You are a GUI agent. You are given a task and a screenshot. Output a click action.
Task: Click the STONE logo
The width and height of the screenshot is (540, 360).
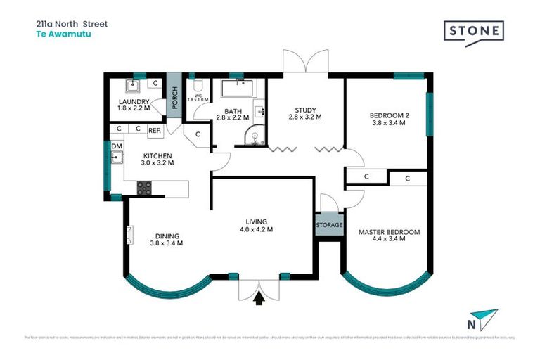click(473, 32)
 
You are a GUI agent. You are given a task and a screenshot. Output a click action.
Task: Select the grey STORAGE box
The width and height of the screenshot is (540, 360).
click(329, 226)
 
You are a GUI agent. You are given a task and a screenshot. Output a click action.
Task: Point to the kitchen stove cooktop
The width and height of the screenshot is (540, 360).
click(144, 188)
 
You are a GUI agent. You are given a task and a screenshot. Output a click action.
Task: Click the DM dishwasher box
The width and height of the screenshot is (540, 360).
click(116, 146)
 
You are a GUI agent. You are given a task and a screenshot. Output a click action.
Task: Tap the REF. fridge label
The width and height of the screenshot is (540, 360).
click(155, 130)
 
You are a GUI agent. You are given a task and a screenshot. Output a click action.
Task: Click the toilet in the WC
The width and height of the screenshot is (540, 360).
click(193, 83)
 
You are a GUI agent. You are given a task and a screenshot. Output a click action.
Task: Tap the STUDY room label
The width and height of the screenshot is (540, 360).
click(305, 110)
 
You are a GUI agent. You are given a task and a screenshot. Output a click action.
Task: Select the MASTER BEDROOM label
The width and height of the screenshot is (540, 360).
click(389, 232)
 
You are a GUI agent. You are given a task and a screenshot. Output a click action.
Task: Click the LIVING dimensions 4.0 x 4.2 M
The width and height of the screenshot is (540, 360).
click(255, 229)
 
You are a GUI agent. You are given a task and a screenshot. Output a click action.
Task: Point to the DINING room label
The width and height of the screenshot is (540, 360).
click(166, 236)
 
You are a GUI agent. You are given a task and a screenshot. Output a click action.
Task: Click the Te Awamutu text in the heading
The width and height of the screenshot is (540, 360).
click(55, 33)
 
